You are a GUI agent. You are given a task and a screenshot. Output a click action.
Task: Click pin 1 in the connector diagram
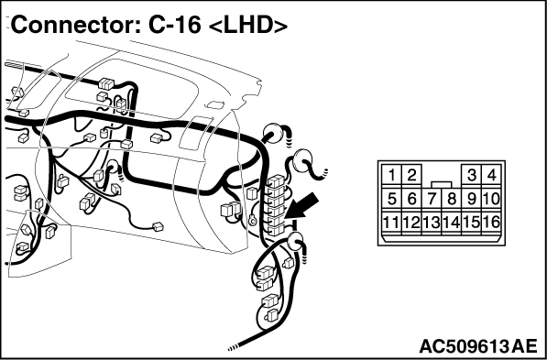click(x=391, y=175)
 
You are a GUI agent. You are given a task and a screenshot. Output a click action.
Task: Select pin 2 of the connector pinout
click(x=411, y=175)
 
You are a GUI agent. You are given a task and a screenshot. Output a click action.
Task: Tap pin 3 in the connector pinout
click(x=471, y=175)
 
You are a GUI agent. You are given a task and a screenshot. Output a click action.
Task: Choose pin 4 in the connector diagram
click(x=491, y=175)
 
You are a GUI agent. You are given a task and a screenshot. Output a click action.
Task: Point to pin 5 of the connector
click(x=391, y=199)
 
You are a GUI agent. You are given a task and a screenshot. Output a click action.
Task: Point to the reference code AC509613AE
click(x=478, y=346)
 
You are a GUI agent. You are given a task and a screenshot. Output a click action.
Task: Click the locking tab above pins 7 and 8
click(x=442, y=185)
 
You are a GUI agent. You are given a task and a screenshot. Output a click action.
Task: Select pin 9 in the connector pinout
click(x=471, y=199)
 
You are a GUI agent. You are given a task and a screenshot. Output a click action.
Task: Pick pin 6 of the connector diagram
click(x=411, y=199)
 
